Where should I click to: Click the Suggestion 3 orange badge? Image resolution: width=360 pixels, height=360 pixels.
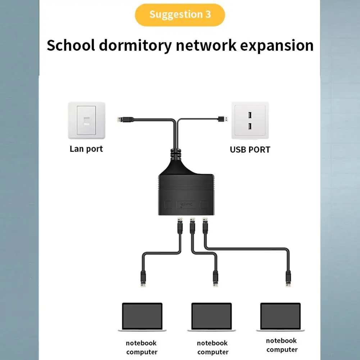coord(180,15)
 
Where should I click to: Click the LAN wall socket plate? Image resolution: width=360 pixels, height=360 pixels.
coord(87,120)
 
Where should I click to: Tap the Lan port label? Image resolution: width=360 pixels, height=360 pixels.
coord(86,149)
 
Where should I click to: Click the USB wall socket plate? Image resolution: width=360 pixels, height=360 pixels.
coord(250,120)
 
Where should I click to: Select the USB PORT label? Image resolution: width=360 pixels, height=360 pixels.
coord(250,149)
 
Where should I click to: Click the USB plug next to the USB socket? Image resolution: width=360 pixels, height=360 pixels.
coord(222,119)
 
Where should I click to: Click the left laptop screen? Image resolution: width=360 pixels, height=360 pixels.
coord(142,316)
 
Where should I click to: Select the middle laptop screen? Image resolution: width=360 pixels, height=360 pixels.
coord(211,316)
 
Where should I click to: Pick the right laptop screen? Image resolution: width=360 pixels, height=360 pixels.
coord(281,316)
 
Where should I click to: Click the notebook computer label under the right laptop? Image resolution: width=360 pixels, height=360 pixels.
coord(282,345)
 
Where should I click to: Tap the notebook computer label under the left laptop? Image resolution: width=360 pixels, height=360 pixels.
coord(142,347)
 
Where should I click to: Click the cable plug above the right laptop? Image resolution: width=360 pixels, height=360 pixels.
coord(288,278)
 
